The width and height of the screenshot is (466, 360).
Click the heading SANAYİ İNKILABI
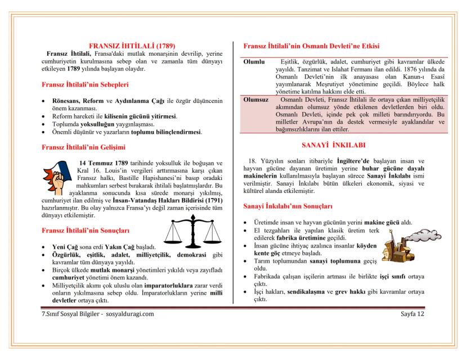(334, 145)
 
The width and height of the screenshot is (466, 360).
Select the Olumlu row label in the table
(254, 61)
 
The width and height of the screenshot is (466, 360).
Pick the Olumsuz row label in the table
(256, 100)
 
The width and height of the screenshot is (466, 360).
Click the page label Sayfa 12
(413, 313)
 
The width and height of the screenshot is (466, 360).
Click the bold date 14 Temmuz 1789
(103, 164)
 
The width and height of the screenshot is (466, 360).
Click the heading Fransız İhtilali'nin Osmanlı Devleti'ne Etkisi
(311, 46)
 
